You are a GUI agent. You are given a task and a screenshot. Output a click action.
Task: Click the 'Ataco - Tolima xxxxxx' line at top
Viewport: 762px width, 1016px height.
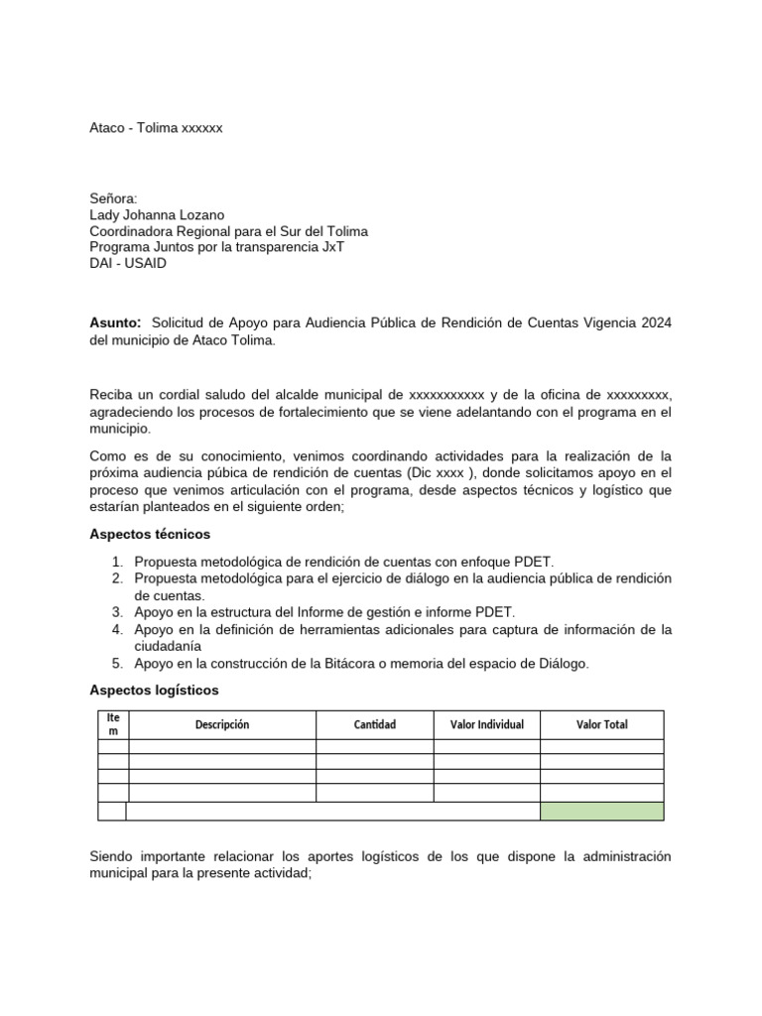click(156, 129)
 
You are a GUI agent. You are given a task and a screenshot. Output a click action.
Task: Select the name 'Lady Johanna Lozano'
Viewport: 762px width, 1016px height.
click(156, 215)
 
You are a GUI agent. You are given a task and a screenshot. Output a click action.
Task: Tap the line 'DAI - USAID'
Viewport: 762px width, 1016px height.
click(128, 263)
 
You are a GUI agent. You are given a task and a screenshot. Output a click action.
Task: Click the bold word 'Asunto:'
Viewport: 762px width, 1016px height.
click(116, 323)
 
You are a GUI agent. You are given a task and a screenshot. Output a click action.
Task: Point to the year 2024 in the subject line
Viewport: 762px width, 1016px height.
click(655, 323)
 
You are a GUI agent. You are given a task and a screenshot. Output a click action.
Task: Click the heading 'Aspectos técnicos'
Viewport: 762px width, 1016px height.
click(150, 534)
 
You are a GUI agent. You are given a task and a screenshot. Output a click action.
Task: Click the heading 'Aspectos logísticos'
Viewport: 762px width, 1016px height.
click(154, 689)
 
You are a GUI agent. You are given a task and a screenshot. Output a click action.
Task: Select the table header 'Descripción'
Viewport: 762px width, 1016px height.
click(222, 724)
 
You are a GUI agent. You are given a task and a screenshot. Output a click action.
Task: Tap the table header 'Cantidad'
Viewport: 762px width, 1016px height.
click(375, 724)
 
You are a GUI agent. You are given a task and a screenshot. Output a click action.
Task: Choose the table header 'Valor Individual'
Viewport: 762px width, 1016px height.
click(487, 724)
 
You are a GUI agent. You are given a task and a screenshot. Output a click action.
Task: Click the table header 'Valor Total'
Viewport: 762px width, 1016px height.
click(601, 724)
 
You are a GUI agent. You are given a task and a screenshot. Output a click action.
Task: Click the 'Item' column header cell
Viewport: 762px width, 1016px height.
click(113, 724)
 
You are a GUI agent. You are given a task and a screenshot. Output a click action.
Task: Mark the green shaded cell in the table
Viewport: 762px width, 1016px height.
click(601, 811)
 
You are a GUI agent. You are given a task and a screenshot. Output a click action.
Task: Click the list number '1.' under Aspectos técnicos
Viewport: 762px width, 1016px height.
click(117, 562)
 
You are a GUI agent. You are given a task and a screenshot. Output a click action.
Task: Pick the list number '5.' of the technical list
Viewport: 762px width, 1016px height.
click(117, 664)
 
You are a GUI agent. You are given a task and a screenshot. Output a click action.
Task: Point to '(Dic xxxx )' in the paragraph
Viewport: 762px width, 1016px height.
click(440, 472)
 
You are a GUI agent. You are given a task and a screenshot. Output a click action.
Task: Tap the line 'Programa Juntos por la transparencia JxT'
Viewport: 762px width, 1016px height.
click(216, 247)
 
